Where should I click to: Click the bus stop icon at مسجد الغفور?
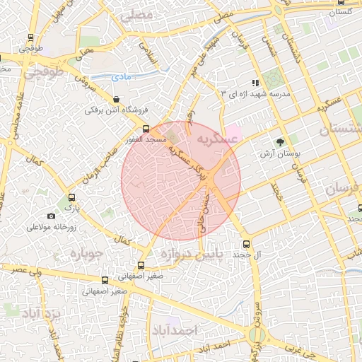click(x=146, y=129)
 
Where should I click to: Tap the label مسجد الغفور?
click(x=146, y=141)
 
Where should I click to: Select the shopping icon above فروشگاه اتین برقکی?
click(x=116, y=100)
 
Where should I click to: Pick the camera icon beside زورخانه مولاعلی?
click(x=51, y=216)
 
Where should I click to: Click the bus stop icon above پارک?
click(x=71, y=198)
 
